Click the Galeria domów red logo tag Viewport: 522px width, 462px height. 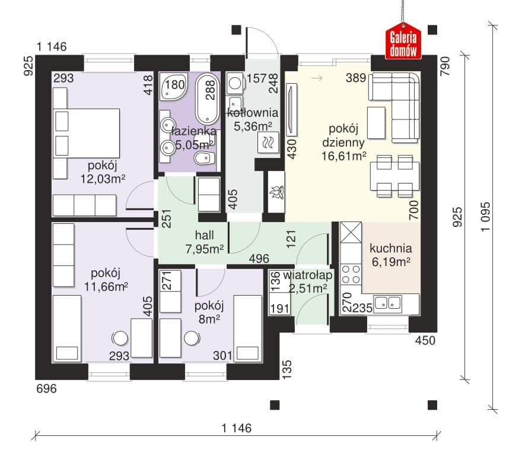pos(403,41)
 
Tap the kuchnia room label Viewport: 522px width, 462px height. pos(390,248)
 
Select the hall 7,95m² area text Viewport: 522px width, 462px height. pos(205,249)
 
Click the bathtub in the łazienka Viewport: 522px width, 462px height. pos(208,99)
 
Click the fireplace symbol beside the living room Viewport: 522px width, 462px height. pos(276,192)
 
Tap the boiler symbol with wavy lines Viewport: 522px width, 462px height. pos(268,143)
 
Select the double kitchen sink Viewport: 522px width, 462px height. pos(387,303)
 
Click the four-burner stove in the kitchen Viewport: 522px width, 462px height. pos(351,274)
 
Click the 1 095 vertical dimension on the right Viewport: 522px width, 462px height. pos(486,216)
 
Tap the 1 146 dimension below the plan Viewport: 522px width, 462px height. pos(236,428)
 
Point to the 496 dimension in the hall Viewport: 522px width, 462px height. pos(259,258)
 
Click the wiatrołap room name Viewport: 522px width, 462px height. pos(308,276)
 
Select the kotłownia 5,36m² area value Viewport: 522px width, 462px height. pos(253,126)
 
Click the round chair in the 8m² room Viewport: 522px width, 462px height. pos(192,338)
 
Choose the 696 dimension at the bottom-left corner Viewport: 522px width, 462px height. pos(47,388)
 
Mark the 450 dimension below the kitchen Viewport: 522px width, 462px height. pos(425,340)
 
